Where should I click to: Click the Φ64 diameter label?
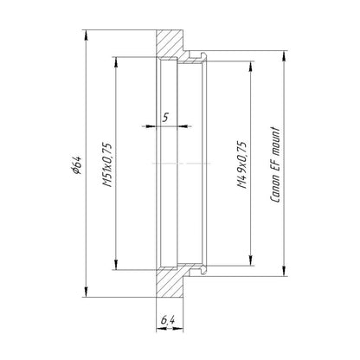pos(77,165)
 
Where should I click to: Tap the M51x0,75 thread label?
pos(107,164)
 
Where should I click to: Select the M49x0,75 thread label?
pos(242,165)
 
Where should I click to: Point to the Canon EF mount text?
pos(275,164)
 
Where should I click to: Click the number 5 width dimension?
pos(165,118)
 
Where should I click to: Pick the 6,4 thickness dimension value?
pos(167,319)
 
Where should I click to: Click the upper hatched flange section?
pos(170,43)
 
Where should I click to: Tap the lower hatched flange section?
pos(170,283)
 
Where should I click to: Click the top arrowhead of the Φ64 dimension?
pos(86,35)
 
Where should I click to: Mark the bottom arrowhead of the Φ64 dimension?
pos(86,292)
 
